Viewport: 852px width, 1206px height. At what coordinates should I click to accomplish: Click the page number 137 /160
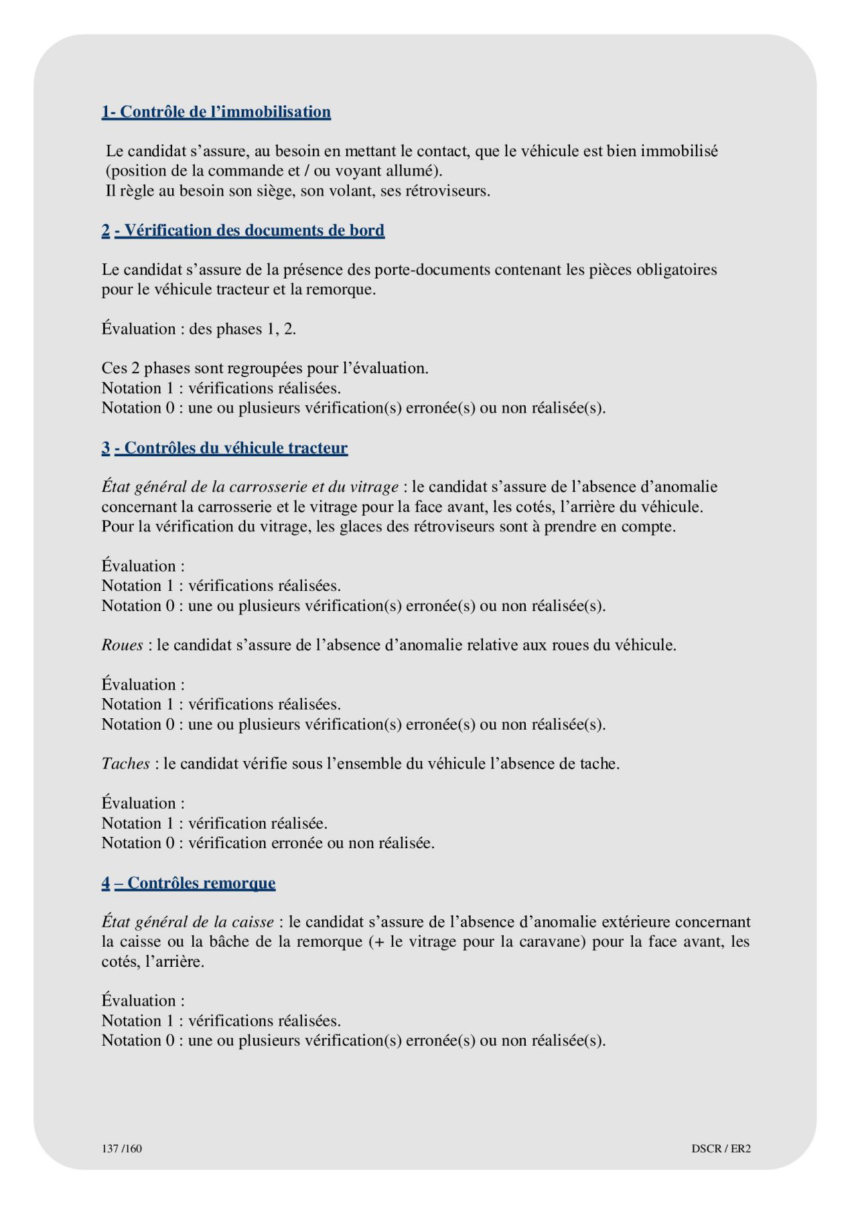(122, 1148)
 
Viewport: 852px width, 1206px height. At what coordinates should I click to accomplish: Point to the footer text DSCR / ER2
(721, 1148)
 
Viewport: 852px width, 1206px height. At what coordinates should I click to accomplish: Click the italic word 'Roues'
(122, 645)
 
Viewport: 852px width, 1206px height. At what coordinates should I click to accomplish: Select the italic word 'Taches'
(125, 764)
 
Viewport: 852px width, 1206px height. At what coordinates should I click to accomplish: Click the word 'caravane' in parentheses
(550, 941)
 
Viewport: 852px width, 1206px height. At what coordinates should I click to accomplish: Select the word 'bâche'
(229, 941)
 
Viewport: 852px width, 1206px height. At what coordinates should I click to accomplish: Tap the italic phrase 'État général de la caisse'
(188, 922)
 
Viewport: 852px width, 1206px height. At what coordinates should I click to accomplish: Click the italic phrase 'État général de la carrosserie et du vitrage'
(250, 487)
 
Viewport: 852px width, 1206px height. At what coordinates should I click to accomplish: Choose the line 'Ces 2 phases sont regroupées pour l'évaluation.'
(265, 368)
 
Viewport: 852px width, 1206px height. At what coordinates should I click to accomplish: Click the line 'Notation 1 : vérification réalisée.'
(214, 823)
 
